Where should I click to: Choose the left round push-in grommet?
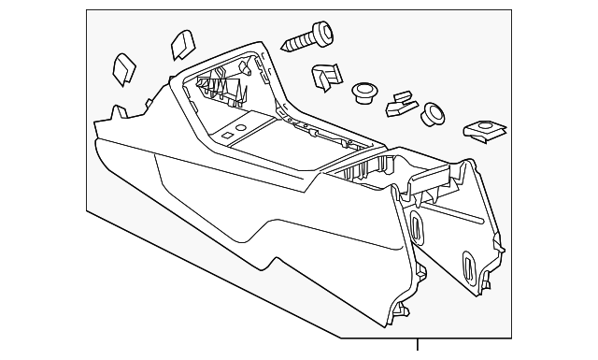click(x=363, y=93)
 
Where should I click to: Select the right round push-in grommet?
click(x=434, y=113)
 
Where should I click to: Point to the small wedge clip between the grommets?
click(x=399, y=103)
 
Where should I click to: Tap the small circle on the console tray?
click(x=240, y=124)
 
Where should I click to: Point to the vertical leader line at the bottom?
click(x=418, y=347)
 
